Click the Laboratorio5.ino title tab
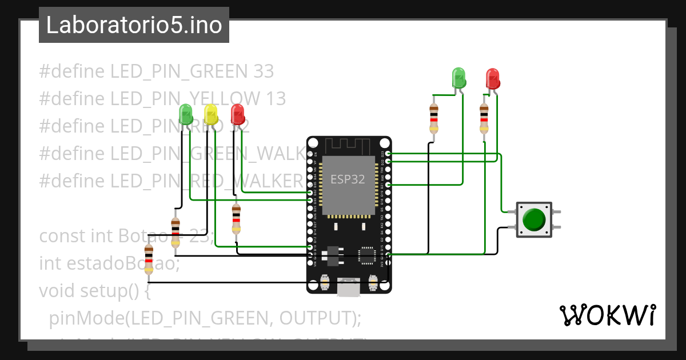(134, 25)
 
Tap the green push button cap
(534, 219)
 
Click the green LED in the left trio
(186, 114)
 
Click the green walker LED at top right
(459, 78)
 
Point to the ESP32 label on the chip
(348, 179)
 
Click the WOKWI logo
(607, 315)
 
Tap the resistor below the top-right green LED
(433, 118)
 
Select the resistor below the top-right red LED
(484, 118)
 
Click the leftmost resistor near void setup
(149, 259)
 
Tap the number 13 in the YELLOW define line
(275, 99)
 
